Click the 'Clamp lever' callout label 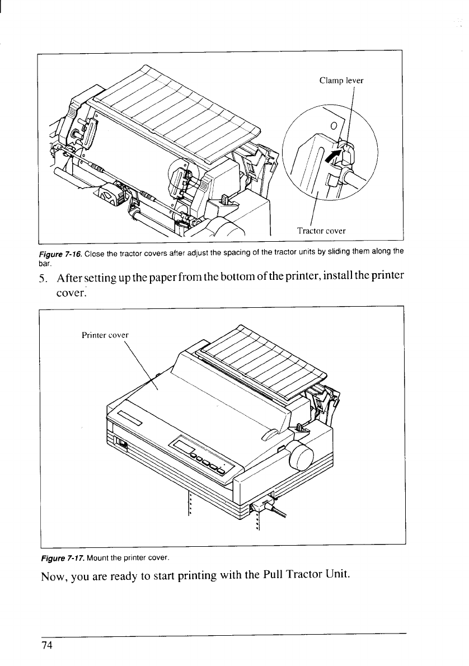pyautogui.click(x=341, y=80)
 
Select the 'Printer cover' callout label pyautogui.click(x=105, y=335)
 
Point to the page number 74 pyautogui.click(x=46, y=645)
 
